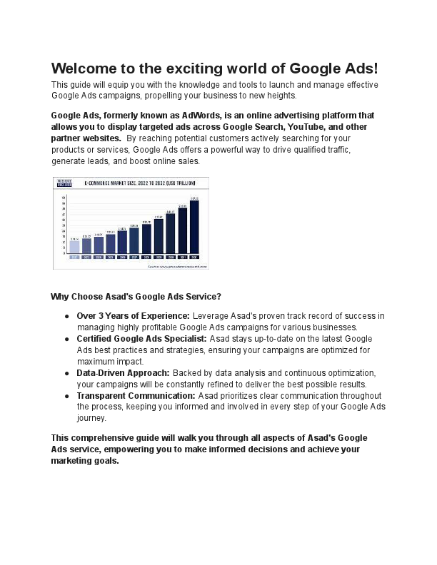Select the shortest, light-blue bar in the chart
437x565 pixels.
(74, 247)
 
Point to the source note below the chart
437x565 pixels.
(178, 266)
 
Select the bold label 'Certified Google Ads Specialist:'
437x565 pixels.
(141, 338)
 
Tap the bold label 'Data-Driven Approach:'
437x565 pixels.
(123, 372)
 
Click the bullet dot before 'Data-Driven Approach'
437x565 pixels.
(66, 373)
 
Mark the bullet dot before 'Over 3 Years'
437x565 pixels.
(66, 316)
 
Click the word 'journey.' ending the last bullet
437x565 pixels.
(91, 418)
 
